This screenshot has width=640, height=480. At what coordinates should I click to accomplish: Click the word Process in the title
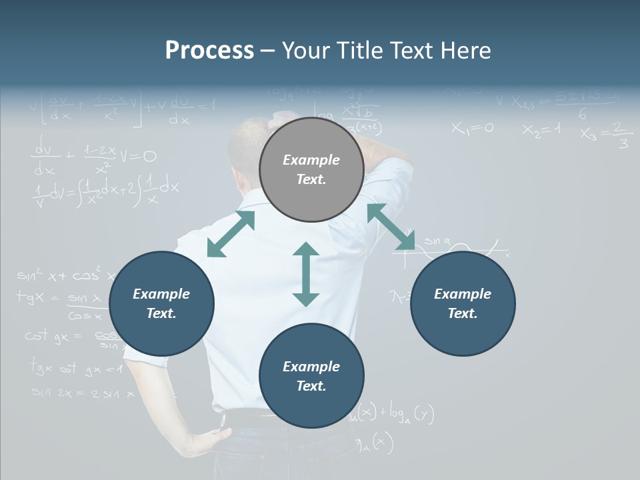point(209,51)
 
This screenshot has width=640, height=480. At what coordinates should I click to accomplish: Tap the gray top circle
point(311,170)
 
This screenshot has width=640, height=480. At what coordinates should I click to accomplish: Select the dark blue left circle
point(161,303)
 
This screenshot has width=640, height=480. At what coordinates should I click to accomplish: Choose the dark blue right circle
point(463,303)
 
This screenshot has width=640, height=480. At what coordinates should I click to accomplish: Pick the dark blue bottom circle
point(311,376)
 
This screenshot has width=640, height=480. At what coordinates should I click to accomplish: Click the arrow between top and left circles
point(231,234)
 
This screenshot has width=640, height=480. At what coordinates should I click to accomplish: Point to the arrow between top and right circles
point(391,227)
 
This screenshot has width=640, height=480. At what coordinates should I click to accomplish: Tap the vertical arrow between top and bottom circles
point(306,274)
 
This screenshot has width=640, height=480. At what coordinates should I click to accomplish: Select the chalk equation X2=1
point(541,129)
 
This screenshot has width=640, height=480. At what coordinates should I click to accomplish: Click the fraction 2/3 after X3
point(621,135)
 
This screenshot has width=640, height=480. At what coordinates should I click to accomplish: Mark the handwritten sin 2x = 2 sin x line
point(83,393)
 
